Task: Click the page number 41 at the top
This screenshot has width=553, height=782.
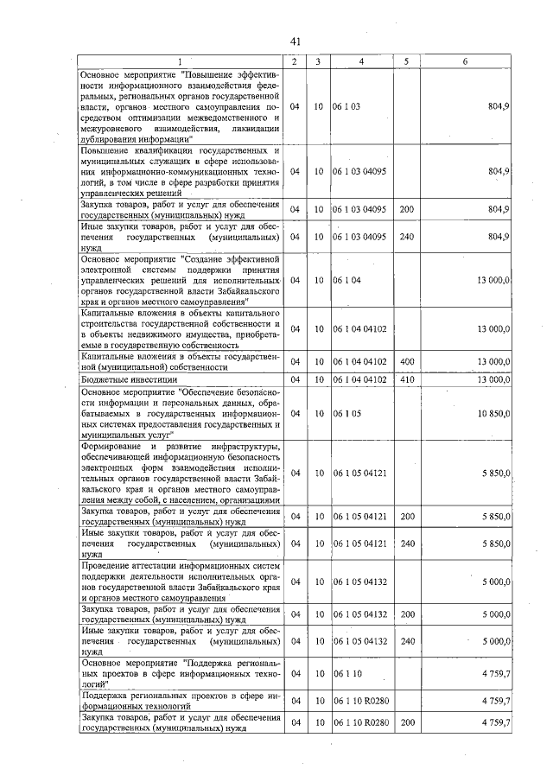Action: point(295,41)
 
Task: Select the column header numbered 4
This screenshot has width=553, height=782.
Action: point(361,61)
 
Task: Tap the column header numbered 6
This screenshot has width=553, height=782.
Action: point(465,61)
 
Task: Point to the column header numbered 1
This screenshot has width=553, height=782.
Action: point(181,61)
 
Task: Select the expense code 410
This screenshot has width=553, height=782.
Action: point(407,379)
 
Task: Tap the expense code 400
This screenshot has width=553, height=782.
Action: point(407,361)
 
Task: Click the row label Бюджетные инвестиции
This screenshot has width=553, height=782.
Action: point(129,379)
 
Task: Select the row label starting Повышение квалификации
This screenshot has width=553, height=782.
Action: point(181,171)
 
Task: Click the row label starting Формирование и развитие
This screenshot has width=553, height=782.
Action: point(181,473)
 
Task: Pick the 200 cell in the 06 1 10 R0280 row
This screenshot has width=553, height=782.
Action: point(407,722)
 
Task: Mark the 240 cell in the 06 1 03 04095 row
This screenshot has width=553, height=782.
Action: point(407,236)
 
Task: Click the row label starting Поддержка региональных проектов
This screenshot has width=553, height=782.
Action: point(181,700)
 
